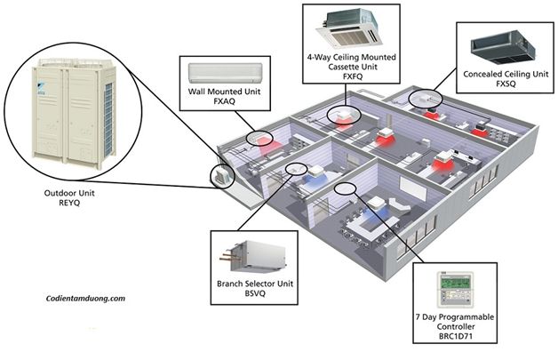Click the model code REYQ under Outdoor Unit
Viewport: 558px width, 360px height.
pyautogui.click(x=69, y=203)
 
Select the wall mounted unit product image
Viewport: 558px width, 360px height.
pyautogui.click(x=226, y=74)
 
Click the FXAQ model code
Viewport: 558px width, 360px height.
pyautogui.click(x=225, y=101)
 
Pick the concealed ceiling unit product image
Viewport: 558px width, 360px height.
pyautogui.click(x=503, y=48)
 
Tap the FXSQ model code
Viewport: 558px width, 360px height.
pyautogui.click(x=506, y=84)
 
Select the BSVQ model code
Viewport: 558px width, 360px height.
pyautogui.click(x=255, y=293)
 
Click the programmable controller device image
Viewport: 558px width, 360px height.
pyautogui.click(x=456, y=290)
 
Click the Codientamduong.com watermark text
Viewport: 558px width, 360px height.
pyautogui.click(x=85, y=299)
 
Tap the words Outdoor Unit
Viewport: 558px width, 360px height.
pyautogui.click(x=69, y=193)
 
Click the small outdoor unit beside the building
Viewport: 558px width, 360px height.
pyautogui.click(x=222, y=175)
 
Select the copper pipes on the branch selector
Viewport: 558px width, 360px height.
pyautogui.click(x=227, y=256)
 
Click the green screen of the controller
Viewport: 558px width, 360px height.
pyautogui.click(x=455, y=283)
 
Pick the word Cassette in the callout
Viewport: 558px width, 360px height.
pyautogui.click(x=343, y=67)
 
